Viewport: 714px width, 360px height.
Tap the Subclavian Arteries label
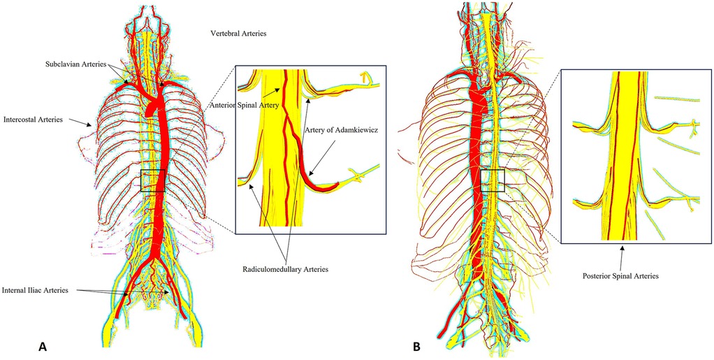pos(72,64)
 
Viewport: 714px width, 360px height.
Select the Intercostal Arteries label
pos(33,120)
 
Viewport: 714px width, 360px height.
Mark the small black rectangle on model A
pos(153,180)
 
